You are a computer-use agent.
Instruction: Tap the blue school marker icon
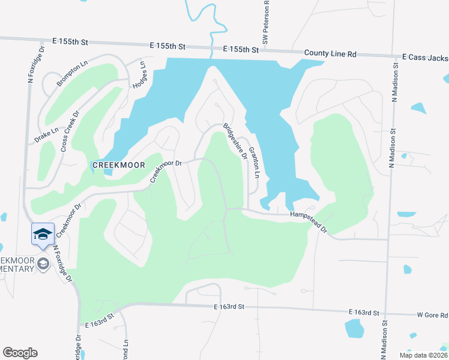click(43, 234)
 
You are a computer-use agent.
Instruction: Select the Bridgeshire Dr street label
click(235, 141)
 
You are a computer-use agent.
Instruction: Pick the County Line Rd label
click(330, 53)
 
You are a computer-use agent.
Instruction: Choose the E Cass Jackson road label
click(425, 58)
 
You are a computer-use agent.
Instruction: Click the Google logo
click(20, 353)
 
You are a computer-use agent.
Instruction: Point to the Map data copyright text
click(423, 355)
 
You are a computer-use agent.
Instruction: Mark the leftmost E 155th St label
click(70, 42)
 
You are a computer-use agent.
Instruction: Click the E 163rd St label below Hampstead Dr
click(230, 307)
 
